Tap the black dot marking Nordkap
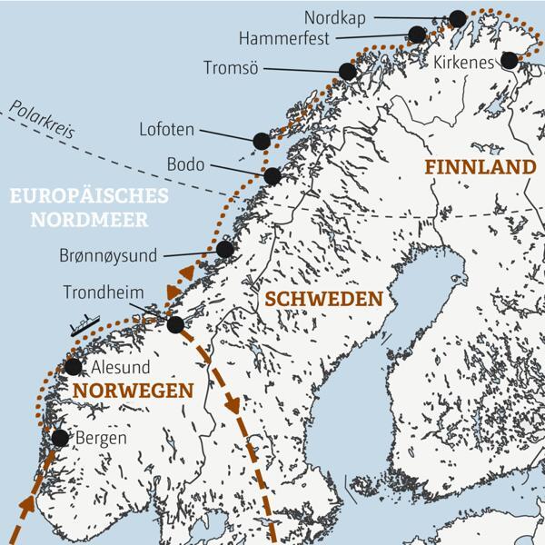458,18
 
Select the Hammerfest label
283,38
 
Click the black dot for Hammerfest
417,35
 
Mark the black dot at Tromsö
347,72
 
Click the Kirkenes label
463,63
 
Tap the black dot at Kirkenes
509,60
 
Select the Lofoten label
166,130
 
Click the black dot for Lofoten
262,140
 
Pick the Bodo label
186,165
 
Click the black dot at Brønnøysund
224,249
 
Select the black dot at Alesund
74,367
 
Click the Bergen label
102,438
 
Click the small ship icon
83,325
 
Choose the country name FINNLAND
480,167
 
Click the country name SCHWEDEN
322,299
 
